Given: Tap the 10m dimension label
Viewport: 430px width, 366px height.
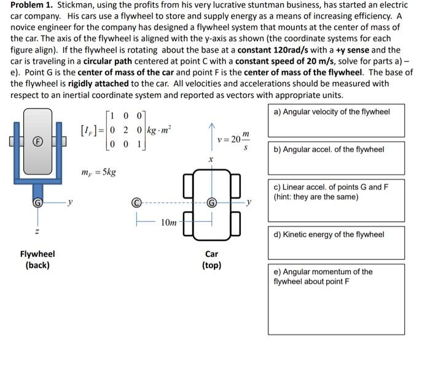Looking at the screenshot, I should (x=170, y=222).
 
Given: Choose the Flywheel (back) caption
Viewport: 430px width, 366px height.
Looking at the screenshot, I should (x=37, y=259).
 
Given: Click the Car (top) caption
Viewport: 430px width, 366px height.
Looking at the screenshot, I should (x=211, y=259).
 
